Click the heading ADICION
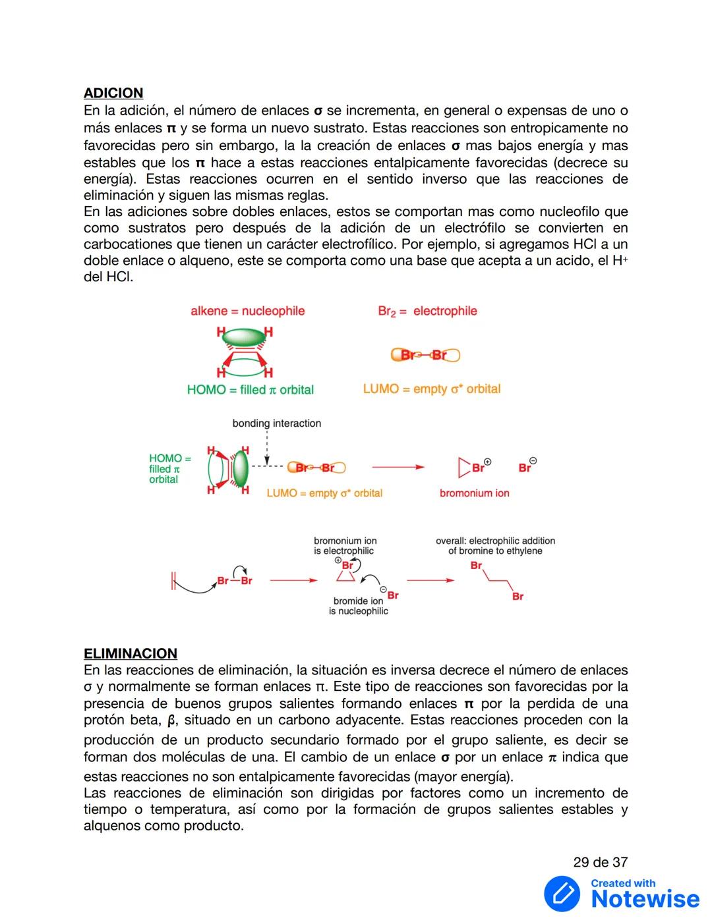pos(113,94)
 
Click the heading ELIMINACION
pos(131,653)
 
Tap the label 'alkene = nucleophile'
pos(247,311)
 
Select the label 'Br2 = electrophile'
pos(427,311)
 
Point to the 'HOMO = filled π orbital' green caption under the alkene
pos(250,390)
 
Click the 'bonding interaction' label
pos(276,423)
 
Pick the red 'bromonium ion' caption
pos(474,493)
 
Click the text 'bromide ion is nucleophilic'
pos(358,606)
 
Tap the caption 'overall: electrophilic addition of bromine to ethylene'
pos(495,546)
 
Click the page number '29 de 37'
pos(600,862)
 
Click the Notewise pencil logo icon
pos(562,894)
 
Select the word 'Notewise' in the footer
pos(645,899)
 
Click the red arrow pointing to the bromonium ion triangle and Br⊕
pos(398,468)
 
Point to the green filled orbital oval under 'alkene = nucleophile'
pos(243,338)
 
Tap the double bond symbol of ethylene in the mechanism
pos(173,581)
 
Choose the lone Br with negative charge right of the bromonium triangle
pos(525,468)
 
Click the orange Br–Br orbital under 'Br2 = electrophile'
pos(425,355)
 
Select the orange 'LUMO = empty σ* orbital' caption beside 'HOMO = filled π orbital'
pos(431,389)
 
